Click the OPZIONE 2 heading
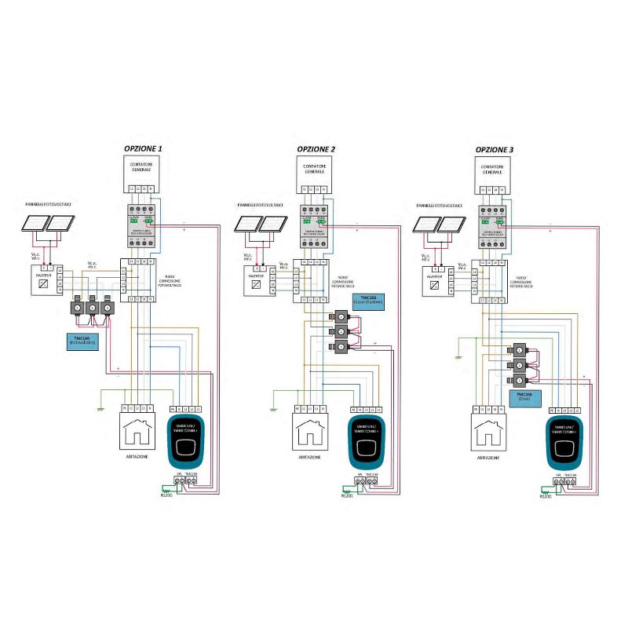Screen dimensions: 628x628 (317, 148)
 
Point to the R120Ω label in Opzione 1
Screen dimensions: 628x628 (166, 495)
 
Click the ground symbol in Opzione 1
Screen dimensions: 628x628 (101, 409)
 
